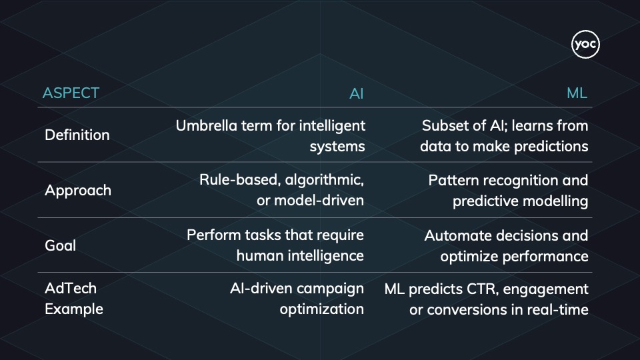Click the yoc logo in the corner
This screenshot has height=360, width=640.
585,45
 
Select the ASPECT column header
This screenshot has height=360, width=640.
71,93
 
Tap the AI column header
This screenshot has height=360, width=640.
357,94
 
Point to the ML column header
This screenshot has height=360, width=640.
577,94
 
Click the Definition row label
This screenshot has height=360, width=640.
77,135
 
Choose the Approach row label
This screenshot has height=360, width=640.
78,190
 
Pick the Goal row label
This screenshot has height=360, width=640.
60,245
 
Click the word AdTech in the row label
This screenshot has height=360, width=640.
71,288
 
